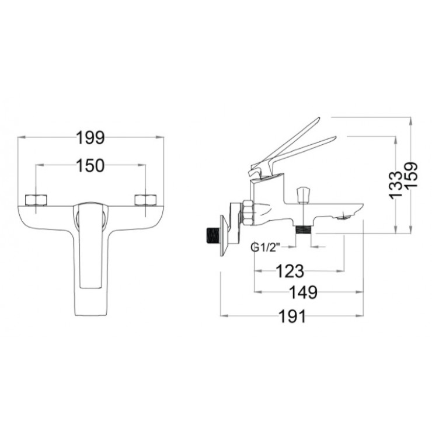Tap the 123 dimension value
[x=290, y=270]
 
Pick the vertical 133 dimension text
[x=396, y=184]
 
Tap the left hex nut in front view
[x=36, y=200]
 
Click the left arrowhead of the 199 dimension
[x=21, y=138]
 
